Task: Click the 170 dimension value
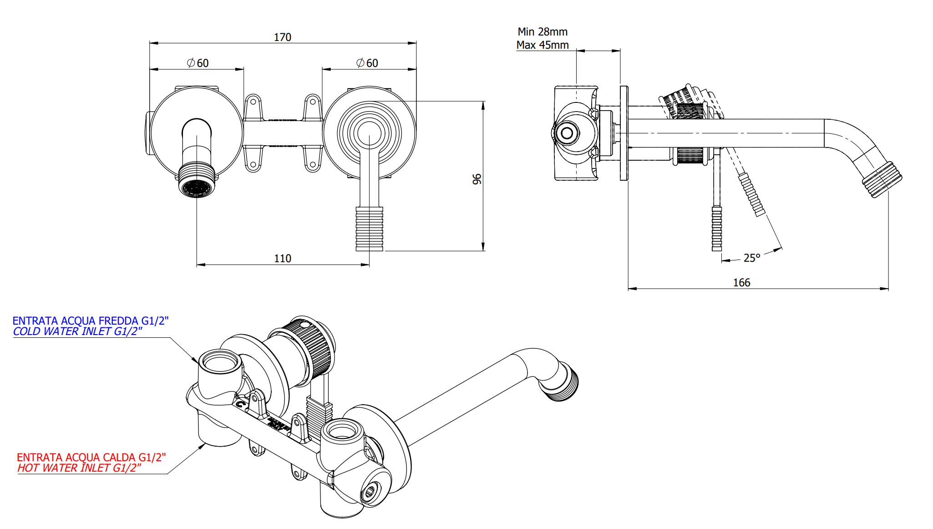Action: tap(282, 37)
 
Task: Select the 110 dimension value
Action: tap(282, 258)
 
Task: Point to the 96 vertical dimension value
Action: tap(477, 179)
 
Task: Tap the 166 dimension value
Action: tap(741, 282)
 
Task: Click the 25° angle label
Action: tap(751, 258)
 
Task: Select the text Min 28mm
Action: tap(543, 32)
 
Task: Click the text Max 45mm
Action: tap(543, 45)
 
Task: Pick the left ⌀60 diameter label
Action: tap(198, 63)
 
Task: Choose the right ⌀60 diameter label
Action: tap(367, 63)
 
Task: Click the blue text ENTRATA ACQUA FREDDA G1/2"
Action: tap(90, 321)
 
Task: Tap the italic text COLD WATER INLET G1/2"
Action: tap(77, 331)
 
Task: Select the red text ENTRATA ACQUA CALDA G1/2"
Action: tap(91, 457)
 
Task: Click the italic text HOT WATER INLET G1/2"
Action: tap(79, 468)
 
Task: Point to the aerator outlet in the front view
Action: tap(197, 187)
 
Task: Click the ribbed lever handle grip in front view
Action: tap(369, 229)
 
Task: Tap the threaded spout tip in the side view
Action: tap(882, 179)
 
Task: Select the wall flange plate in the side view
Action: tap(624, 133)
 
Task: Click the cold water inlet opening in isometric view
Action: tap(220, 363)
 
